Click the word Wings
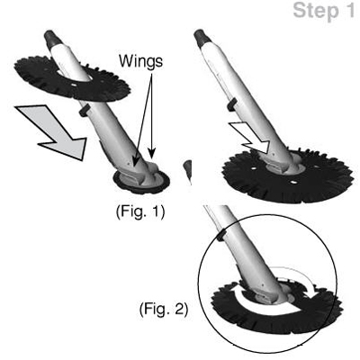tap(140, 61)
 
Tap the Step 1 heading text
tap(323, 11)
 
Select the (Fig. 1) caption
tap(140, 212)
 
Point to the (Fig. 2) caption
tap(164, 310)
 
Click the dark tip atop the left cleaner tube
tap(51, 38)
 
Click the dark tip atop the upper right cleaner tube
tap(202, 37)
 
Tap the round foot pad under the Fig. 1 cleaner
tap(141, 182)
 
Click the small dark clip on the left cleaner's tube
tap(84, 110)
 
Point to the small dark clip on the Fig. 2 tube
tap(221, 236)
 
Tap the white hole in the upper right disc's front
tap(292, 182)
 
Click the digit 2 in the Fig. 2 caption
tap(179, 309)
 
